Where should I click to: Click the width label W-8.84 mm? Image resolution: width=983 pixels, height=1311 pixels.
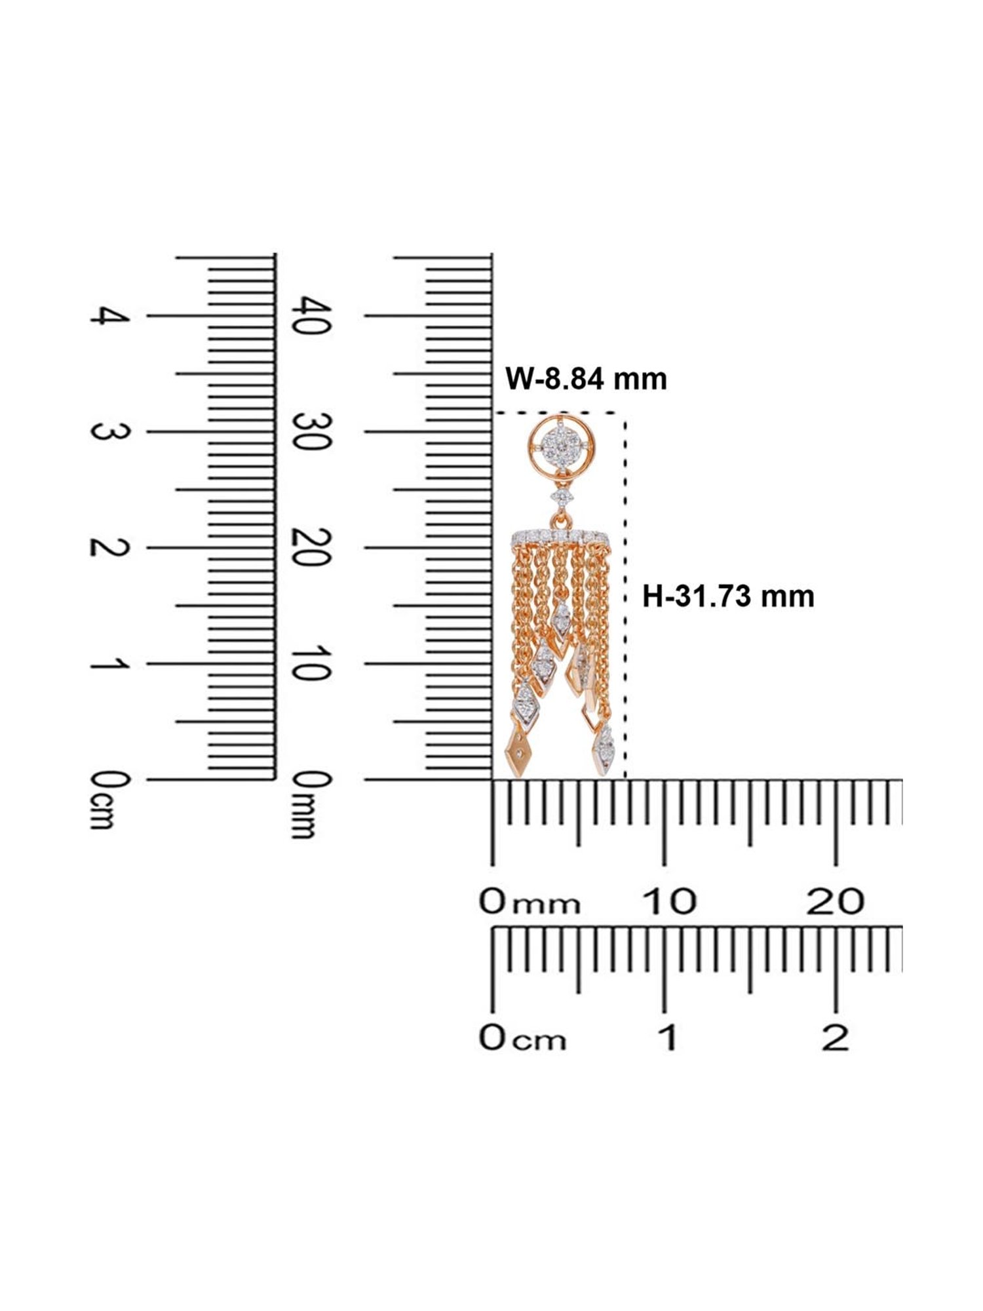pyautogui.click(x=586, y=380)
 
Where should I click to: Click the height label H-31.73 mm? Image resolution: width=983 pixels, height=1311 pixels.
pyautogui.click(x=728, y=597)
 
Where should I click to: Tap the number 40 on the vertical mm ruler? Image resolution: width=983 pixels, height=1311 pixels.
pyautogui.click(x=309, y=315)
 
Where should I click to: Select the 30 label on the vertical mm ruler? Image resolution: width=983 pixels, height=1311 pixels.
pyautogui.click(x=309, y=431)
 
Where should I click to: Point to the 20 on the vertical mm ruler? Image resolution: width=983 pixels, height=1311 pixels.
pyautogui.click(x=309, y=547)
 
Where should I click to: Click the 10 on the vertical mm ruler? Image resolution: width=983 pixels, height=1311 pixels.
pyautogui.click(x=309, y=663)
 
